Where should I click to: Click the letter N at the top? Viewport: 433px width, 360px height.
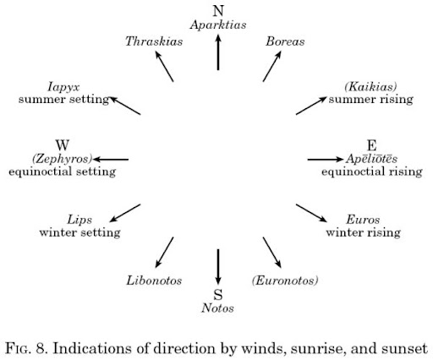point(218,11)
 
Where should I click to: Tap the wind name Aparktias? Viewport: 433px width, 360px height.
point(218,25)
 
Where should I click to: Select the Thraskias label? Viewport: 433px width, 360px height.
point(154,41)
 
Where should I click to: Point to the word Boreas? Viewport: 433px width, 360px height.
point(285,41)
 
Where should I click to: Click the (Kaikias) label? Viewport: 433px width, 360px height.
point(370,87)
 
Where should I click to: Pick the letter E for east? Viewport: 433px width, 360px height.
point(372,145)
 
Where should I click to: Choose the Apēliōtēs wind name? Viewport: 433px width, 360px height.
point(372,159)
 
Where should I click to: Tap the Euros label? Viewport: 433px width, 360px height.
point(363,220)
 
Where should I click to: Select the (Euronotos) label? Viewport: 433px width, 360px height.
point(285,281)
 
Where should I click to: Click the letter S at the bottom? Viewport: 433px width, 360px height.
point(218,295)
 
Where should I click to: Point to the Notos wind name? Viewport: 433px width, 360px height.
point(217,308)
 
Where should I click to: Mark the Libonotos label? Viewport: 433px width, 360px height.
point(154,281)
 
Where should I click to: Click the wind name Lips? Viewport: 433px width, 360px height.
point(79,220)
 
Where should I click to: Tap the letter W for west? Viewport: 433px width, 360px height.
point(63,145)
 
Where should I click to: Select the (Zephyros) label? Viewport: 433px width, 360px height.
point(63,159)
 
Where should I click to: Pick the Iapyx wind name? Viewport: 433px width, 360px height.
point(63,87)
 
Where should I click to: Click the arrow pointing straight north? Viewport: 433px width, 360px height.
point(218,52)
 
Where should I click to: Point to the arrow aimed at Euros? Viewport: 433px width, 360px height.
point(311,213)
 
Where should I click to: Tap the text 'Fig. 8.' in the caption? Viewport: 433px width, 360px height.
point(26,348)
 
